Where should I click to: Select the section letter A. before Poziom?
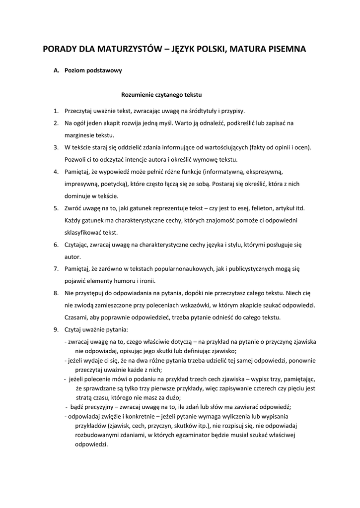(57, 70)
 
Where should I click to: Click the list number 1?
(56, 111)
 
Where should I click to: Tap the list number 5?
(56, 208)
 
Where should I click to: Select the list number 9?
(56, 329)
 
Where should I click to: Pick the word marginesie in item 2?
(79, 135)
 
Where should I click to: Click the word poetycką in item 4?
(111, 184)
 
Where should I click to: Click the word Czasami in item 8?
(76, 317)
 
